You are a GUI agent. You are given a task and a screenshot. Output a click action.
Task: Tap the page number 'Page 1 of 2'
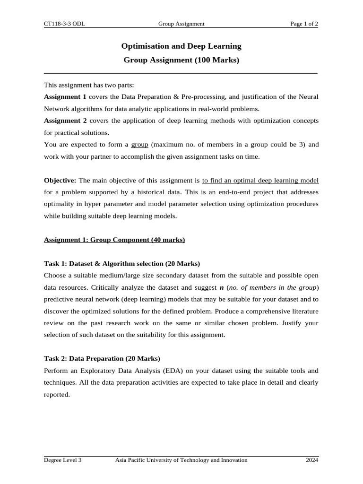point(304,24)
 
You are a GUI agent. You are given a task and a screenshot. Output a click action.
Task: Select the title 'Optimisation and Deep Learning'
point(181,46)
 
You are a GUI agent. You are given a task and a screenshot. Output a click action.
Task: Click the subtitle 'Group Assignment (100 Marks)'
point(181,60)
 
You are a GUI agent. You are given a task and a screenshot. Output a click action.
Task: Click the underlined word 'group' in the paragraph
point(139,145)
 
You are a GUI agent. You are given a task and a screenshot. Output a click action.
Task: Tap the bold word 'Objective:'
point(60,180)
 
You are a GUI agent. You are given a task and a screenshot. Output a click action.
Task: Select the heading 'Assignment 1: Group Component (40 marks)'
point(114,240)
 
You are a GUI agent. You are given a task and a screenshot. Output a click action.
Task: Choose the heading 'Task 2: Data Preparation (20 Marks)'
point(102,358)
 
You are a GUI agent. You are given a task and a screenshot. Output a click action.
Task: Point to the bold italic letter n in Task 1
point(222,287)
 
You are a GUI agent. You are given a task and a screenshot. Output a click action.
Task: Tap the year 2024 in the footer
point(312,460)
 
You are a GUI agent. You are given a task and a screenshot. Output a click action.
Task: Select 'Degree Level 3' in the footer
point(63,460)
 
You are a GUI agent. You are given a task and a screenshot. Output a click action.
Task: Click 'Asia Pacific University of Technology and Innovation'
point(181,460)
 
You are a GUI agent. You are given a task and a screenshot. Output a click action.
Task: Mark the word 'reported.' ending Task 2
point(57,394)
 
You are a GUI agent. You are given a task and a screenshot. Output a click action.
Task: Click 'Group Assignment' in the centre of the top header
point(181,24)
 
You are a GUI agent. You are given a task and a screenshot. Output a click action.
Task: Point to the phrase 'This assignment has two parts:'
point(89,85)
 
